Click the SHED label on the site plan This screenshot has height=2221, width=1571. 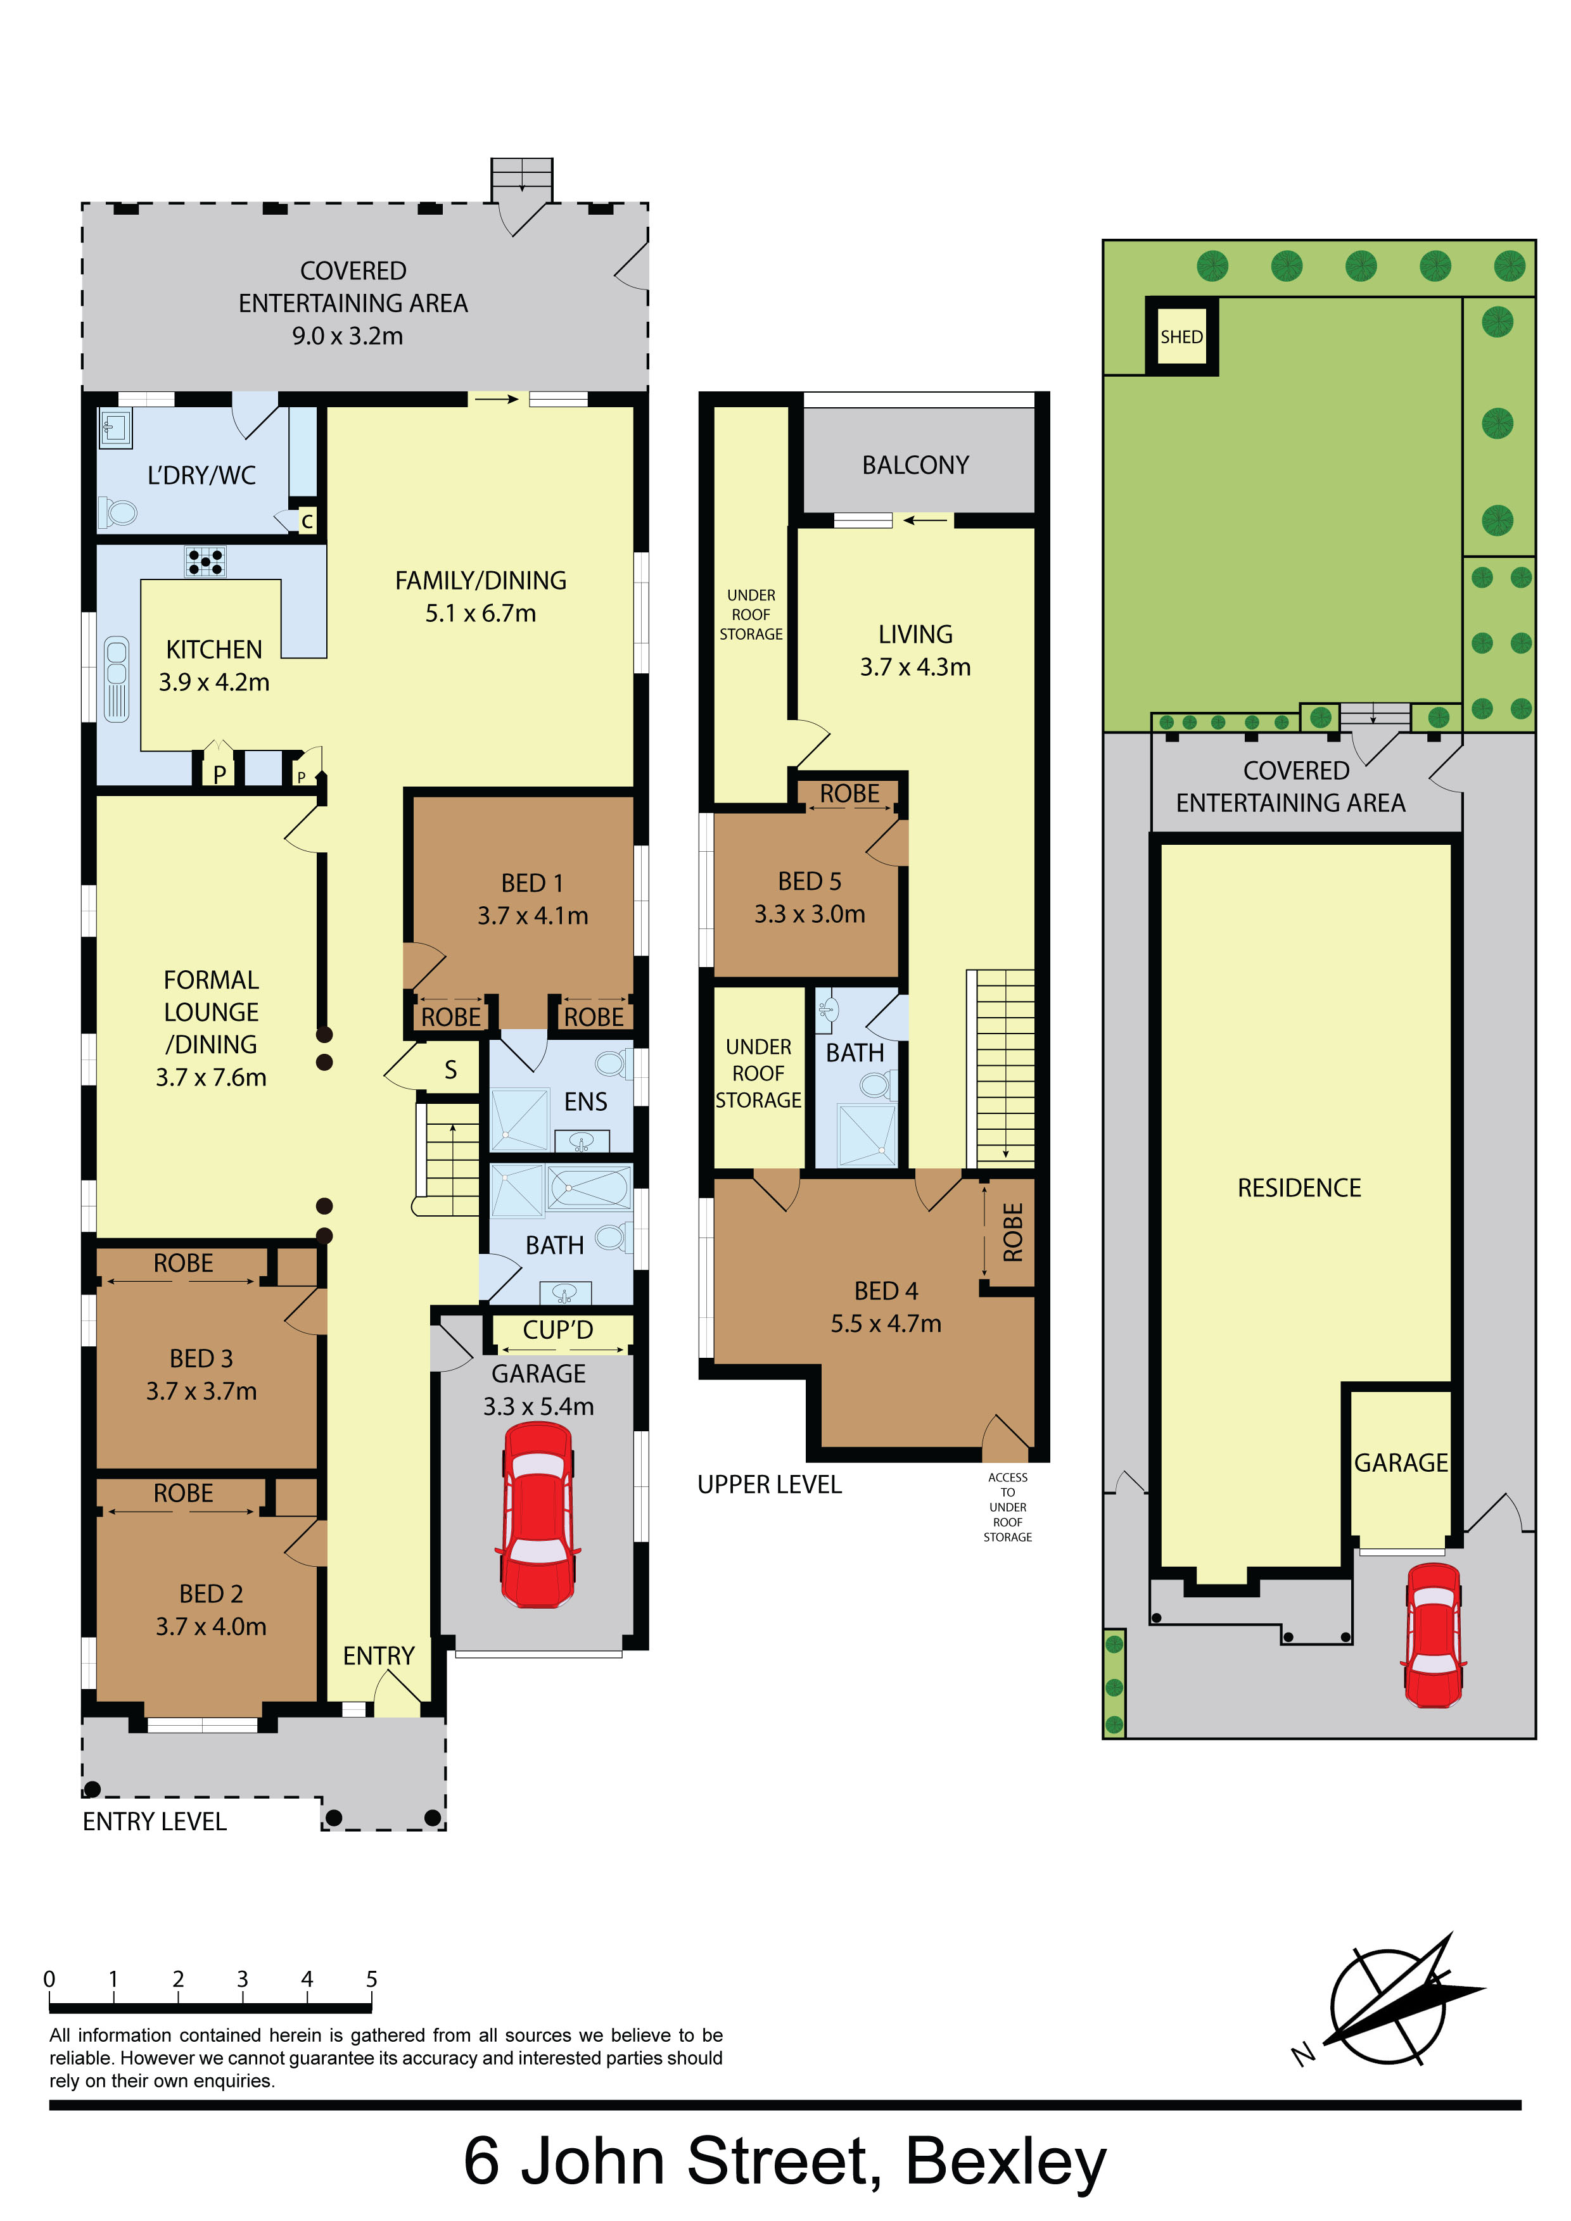[1181, 337]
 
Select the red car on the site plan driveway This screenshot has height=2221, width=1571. [1433, 1634]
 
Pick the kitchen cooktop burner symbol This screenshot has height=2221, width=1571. [206, 561]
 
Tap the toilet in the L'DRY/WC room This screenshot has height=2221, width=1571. [117, 512]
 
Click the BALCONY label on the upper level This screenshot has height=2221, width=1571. [915, 465]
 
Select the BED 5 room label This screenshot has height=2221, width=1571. [810, 881]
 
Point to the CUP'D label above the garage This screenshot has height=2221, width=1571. [558, 1330]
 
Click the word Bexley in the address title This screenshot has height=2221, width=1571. [1006, 2161]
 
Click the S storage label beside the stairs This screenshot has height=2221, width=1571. [451, 1070]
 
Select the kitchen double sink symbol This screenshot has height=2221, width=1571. [116, 678]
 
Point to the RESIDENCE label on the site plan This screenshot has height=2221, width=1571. [1299, 1188]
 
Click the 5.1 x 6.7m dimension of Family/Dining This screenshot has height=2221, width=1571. [481, 613]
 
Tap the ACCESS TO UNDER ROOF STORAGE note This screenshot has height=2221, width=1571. [1008, 1507]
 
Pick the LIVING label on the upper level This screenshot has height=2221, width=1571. [915, 635]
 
